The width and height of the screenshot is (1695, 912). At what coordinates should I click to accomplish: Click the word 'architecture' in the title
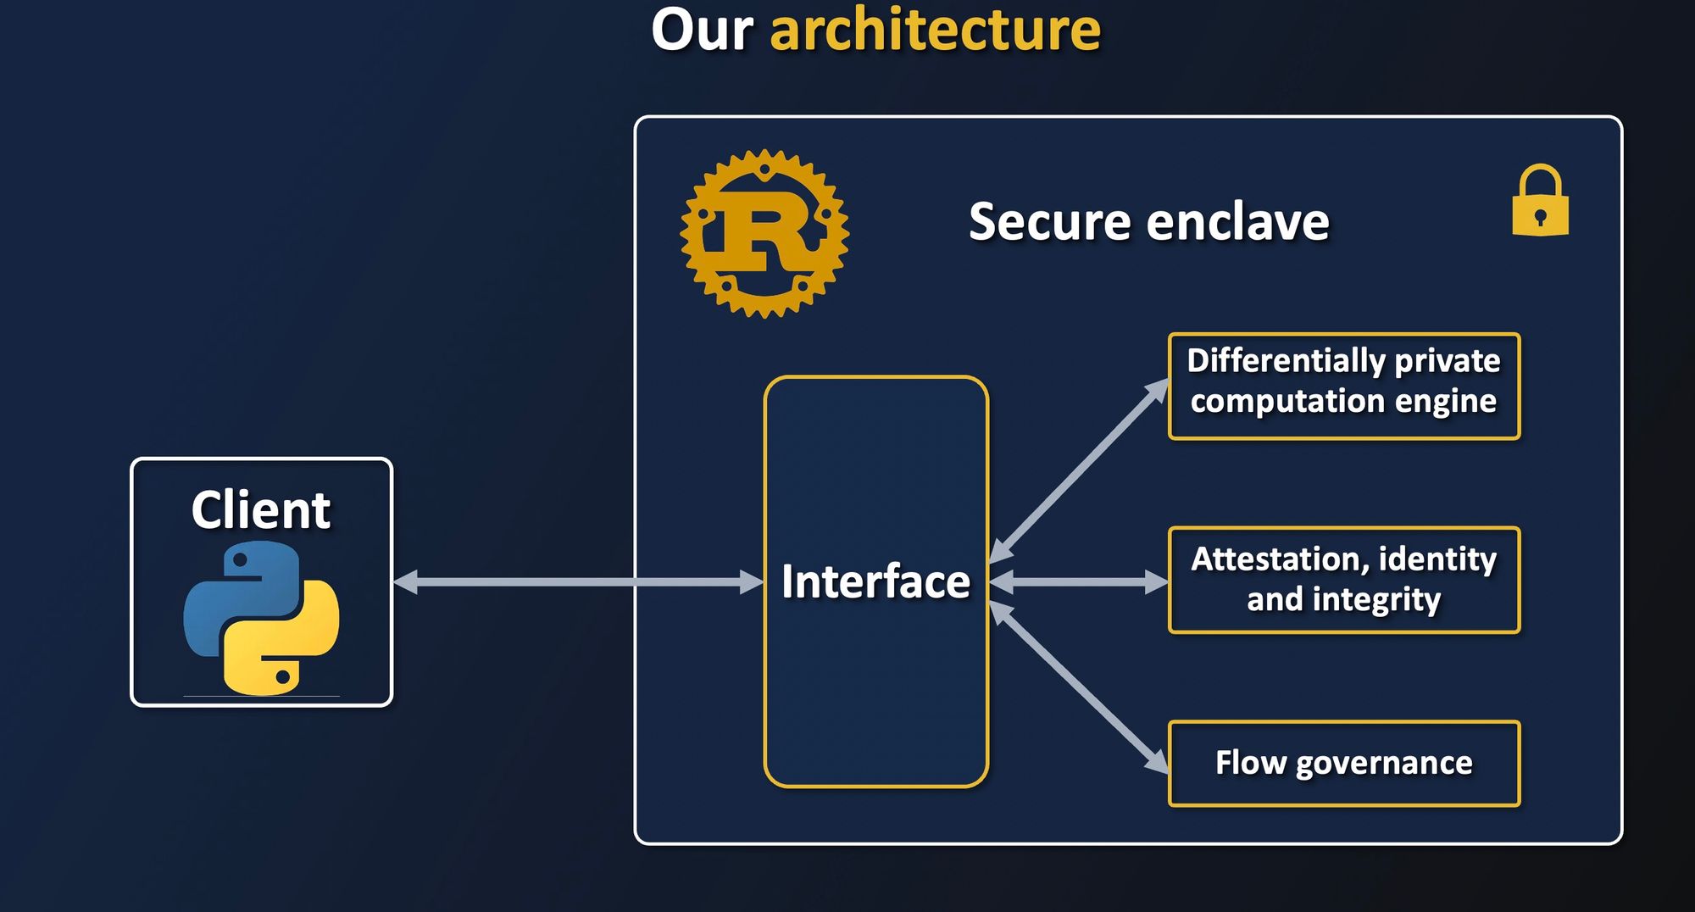click(x=935, y=31)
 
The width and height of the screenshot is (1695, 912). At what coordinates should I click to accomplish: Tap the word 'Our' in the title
click(x=702, y=31)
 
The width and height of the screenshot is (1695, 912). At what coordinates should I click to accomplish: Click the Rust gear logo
click(x=764, y=234)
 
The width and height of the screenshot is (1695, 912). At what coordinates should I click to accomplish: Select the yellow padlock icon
click(x=1540, y=202)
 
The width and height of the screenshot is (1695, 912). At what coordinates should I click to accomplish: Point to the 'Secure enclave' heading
click(x=1148, y=222)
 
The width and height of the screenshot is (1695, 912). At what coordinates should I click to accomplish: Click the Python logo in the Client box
click(x=261, y=618)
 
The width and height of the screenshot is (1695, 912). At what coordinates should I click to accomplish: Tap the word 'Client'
click(x=260, y=510)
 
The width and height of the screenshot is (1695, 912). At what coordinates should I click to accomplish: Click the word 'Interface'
click(x=875, y=581)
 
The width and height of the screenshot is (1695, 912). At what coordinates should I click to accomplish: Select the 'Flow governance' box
click(x=1343, y=763)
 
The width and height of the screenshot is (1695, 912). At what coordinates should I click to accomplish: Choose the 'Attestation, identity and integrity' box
click(x=1343, y=580)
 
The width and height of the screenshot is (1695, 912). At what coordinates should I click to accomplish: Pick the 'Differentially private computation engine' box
click(x=1343, y=386)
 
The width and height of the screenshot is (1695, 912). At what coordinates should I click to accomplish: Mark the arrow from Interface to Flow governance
click(x=1079, y=687)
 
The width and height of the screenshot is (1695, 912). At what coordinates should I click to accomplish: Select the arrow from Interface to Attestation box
click(x=1079, y=581)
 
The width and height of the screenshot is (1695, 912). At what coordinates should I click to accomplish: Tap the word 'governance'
click(x=1384, y=764)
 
